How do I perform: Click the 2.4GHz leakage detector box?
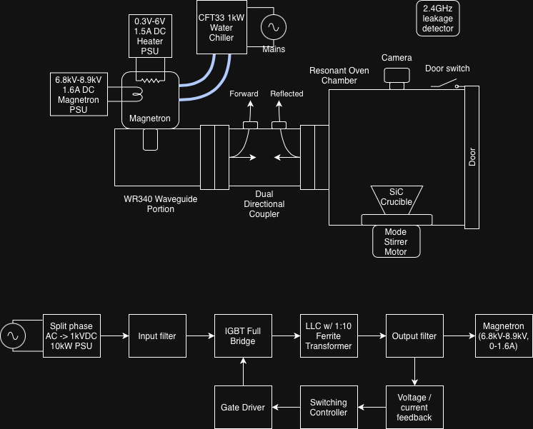point(438,18)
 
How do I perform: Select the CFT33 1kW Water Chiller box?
point(221,27)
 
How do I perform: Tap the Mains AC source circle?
point(272,28)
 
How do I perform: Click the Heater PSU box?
point(150,36)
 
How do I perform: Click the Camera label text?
point(397,57)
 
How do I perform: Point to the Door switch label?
point(447,69)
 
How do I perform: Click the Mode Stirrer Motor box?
point(396,241)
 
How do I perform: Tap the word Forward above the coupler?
point(244,94)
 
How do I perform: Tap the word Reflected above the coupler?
point(287,94)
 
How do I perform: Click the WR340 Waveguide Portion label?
point(161,204)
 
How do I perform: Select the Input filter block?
point(157,335)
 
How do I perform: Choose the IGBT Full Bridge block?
point(243,335)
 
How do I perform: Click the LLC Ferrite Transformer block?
point(329,335)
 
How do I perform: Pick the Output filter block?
point(414,335)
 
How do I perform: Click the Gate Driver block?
point(243,407)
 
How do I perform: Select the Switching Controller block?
point(329,407)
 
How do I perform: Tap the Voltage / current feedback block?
point(414,407)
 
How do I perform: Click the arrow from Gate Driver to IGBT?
point(243,371)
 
